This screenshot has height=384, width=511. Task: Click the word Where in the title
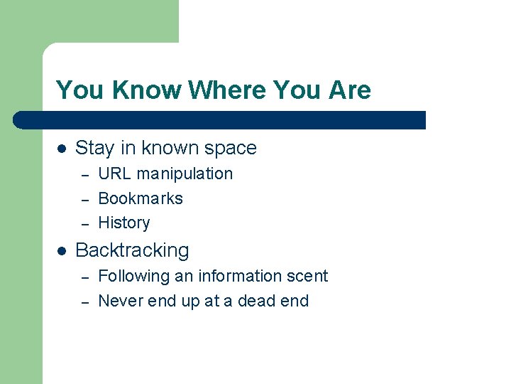226,90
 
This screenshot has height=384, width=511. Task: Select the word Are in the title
348,90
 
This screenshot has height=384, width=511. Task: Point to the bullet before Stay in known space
62,149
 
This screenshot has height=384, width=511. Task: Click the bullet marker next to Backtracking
62,251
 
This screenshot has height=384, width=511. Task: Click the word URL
114,174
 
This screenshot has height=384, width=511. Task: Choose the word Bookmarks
141,198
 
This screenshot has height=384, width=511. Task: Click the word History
124,223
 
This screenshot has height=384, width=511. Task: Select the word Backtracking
132,251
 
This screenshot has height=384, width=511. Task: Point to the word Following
131,277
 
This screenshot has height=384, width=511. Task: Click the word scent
307,276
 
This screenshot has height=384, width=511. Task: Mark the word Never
119,301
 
